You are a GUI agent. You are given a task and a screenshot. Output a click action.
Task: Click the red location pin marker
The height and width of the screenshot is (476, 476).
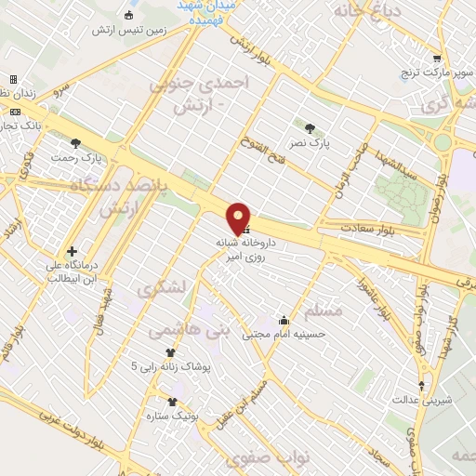[239, 218]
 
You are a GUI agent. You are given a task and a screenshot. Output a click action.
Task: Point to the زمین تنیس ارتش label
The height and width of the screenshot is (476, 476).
[128, 30]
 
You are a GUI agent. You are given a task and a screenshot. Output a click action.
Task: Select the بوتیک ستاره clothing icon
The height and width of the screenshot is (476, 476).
[171, 402]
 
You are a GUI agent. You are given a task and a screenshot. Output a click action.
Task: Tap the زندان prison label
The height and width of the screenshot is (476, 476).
[23, 94]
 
